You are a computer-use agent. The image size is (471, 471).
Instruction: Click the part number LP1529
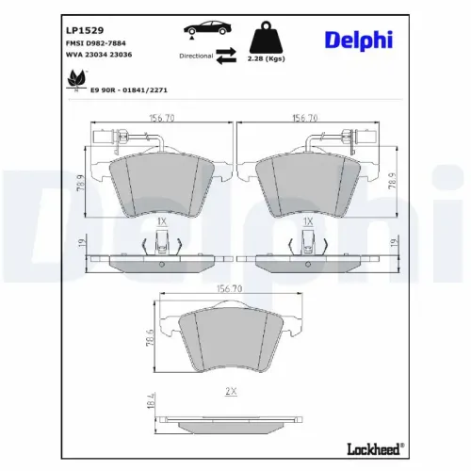(85, 30)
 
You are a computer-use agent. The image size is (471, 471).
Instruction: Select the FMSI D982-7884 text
(96, 43)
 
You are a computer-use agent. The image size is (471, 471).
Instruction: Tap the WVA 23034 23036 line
(99, 55)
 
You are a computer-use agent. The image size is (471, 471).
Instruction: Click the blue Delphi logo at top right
(359, 41)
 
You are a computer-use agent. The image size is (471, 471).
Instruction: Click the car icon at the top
(207, 28)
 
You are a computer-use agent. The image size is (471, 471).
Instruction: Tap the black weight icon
(266, 37)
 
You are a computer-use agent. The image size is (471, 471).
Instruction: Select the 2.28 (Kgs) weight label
(266, 58)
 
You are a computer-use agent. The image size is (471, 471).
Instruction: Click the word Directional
(196, 56)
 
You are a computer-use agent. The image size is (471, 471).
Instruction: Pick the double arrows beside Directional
(226, 56)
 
